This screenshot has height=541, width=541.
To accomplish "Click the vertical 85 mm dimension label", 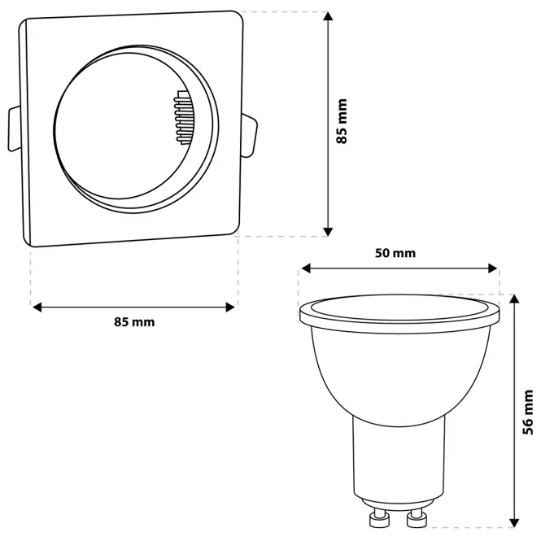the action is coord(342,120).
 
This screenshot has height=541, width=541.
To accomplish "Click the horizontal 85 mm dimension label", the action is coord(134,322).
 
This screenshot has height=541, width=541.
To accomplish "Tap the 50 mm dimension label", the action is coord(395,253).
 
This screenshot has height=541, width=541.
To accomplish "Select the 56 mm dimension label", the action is coord(528,412).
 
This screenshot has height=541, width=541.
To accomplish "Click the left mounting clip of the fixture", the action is coord(14,129).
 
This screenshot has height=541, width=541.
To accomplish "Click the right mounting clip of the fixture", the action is coord(249,136).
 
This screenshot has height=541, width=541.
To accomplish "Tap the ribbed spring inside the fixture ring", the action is coord(184,117).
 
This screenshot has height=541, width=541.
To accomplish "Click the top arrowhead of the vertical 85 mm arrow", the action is coord(328,16).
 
